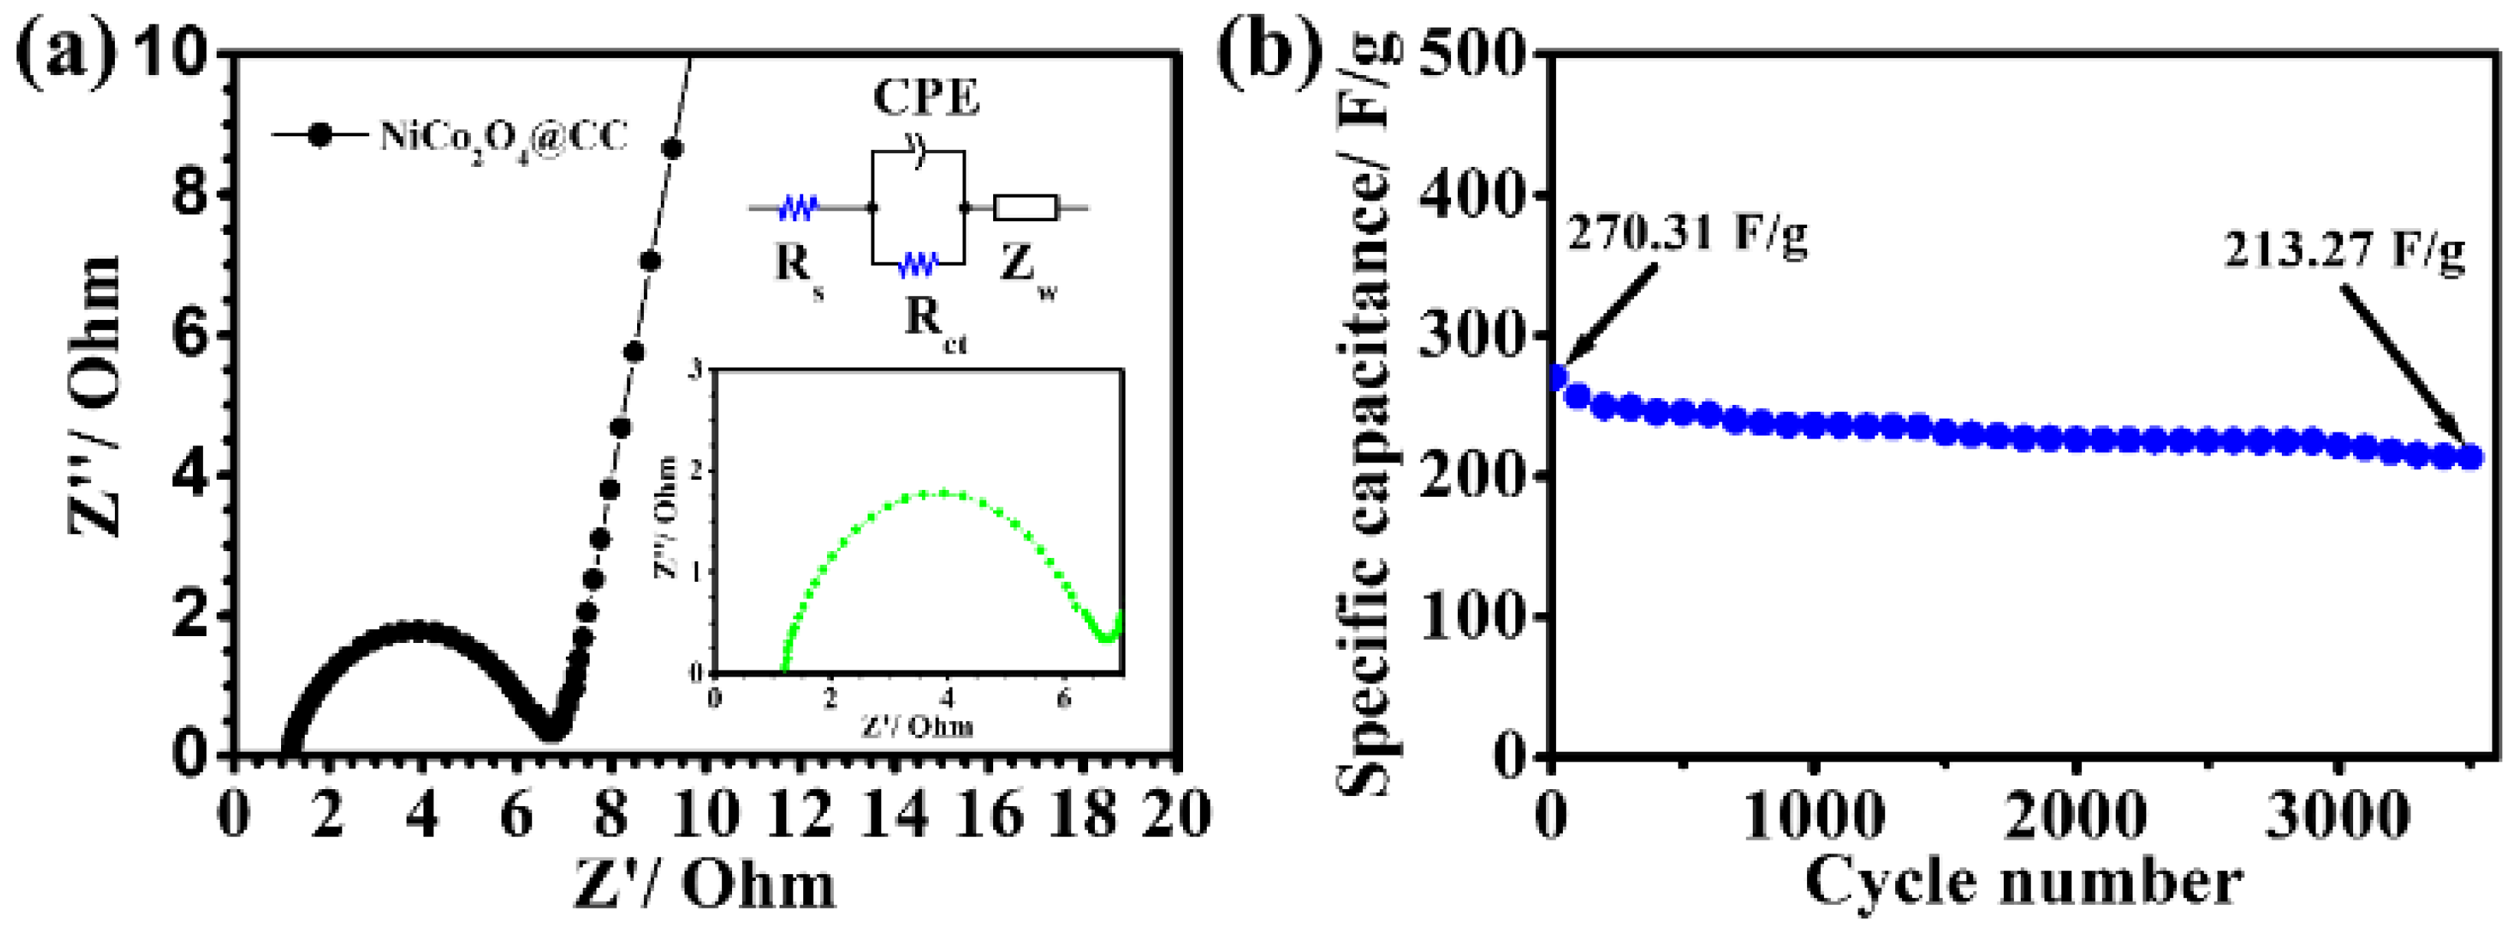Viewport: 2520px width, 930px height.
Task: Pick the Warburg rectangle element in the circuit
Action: [1025, 207]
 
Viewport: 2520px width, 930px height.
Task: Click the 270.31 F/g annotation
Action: [1688, 235]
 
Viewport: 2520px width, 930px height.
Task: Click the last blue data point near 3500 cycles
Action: [2470, 457]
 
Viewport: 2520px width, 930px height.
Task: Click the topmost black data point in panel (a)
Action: [673, 148]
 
